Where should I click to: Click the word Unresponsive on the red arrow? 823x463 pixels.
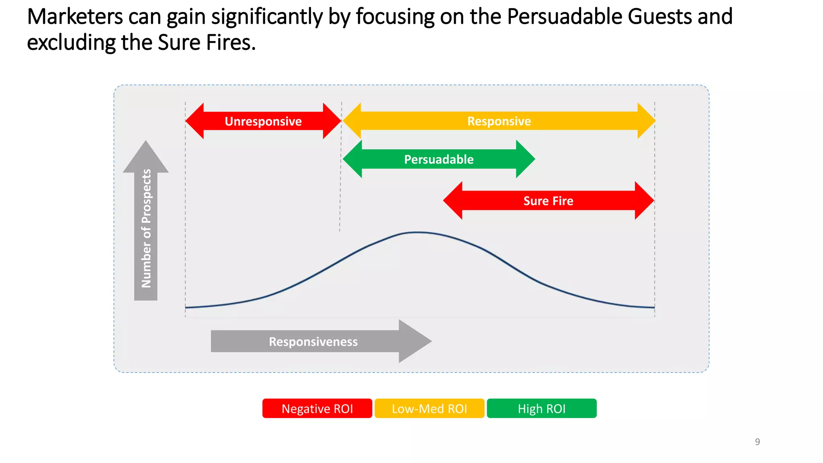point(263,121)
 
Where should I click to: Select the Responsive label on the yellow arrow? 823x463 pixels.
point(499,121)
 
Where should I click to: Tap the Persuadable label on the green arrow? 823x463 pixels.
point(438,159)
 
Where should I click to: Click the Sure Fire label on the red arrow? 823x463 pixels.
point(548,201)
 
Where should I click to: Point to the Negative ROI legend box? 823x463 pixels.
point(317,408)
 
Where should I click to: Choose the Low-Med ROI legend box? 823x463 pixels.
point(429,408)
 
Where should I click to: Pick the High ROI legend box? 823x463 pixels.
point(541,408)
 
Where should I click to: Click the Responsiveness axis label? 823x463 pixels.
point(313,342)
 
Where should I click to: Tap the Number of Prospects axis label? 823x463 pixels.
point(146,228)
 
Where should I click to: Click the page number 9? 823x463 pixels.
point(757,442)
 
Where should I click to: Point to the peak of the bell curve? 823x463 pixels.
point(418,232)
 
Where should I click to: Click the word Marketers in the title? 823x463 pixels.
point(75,17)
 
